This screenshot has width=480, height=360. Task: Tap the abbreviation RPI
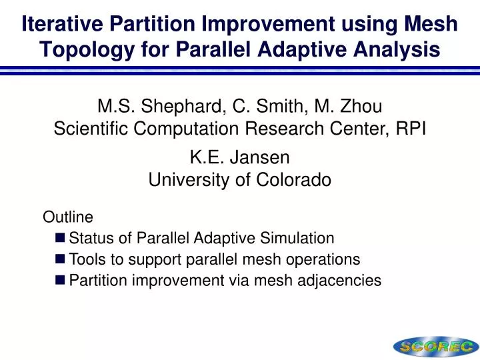411,129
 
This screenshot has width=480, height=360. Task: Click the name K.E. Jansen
239,157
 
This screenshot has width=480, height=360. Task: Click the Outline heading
68,217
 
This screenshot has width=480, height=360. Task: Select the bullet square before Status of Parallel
61,238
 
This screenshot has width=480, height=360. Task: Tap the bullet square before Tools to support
61,259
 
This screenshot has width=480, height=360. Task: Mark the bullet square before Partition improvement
61,281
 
